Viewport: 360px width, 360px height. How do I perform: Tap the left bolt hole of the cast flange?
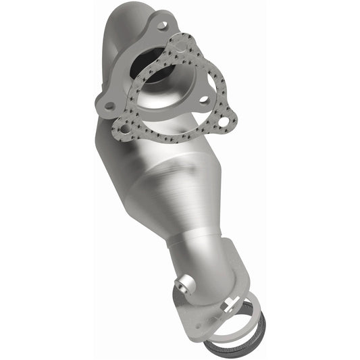coord(108,106)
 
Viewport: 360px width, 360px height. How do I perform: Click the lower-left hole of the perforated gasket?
coord(126,126)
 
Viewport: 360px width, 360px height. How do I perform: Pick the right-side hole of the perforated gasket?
coord(222,122)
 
